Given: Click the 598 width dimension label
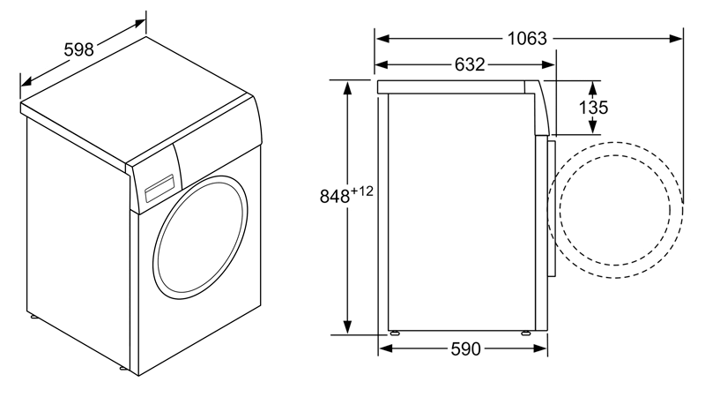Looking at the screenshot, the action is coord(78,49).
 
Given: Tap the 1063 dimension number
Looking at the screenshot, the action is coord(527,39).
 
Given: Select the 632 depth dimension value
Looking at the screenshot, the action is coord(470,64).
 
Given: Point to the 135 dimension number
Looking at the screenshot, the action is coord(593,108).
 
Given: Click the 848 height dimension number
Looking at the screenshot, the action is coord(335,196).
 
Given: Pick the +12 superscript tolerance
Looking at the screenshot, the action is coord(361,191).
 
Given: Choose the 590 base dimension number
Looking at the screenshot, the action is coord(465,348).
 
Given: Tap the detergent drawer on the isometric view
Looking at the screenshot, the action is coord(160,188).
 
